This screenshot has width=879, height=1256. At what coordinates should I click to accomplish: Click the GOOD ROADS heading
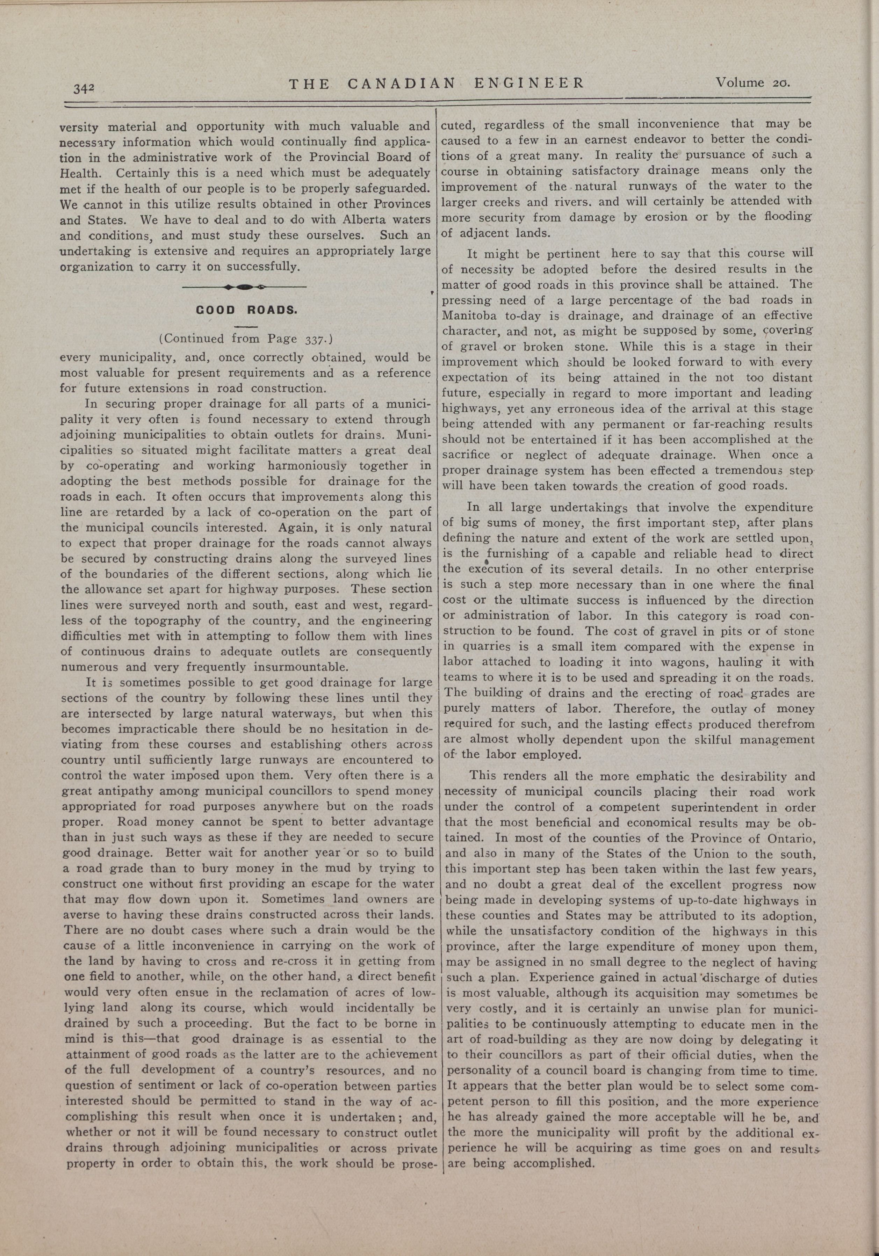pyautogui.click(x=246, y=310)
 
